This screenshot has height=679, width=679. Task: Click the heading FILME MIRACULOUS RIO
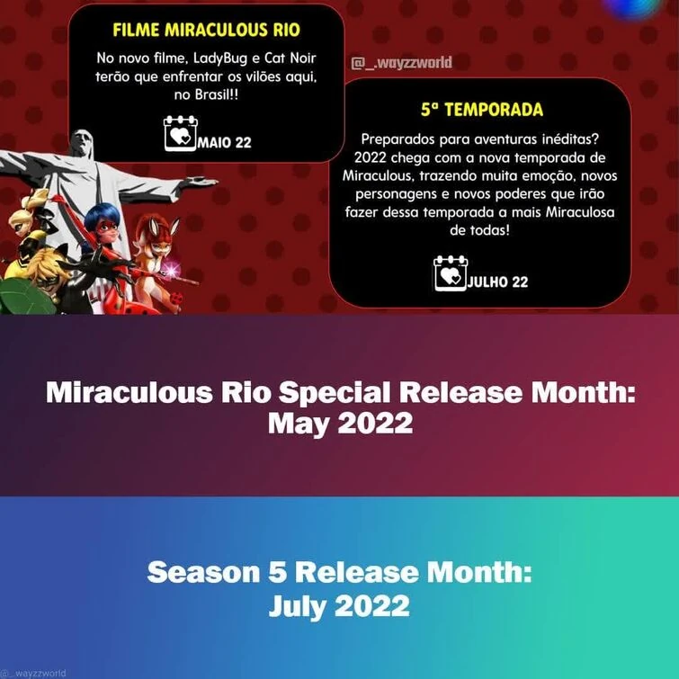[207, 29]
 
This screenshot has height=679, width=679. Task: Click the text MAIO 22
[224, 141]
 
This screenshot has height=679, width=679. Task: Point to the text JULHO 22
[497, 281]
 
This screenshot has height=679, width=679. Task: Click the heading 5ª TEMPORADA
[481, 110]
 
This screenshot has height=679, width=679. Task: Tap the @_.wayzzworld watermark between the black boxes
[401, 63]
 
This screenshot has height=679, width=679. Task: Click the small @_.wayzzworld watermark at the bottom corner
[34, 672]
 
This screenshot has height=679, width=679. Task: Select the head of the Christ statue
[84, 144]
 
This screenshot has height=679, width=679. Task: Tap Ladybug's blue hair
[107, 215]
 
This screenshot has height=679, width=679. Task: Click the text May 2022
[340, 424]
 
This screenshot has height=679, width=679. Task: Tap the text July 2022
[339, 606]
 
